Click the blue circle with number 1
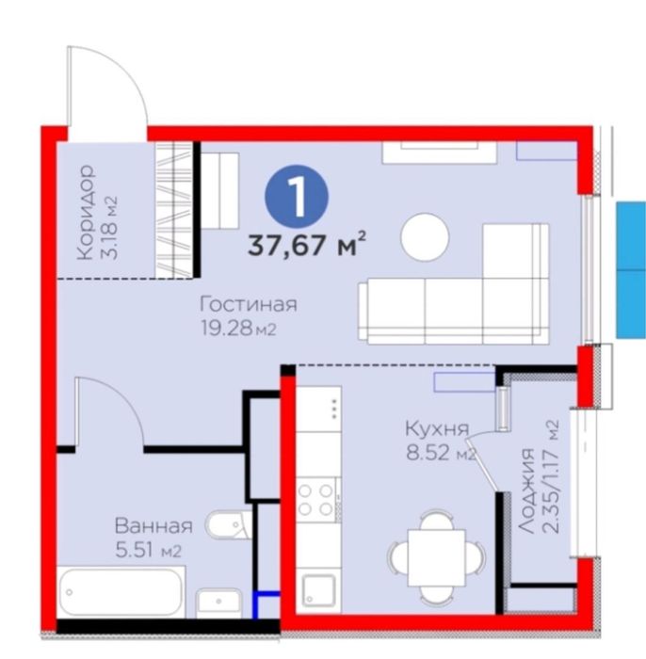tap(297, 196)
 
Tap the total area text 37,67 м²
tap(307, 244)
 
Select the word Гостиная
tap(249, 304)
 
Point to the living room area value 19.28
tap(227, 328)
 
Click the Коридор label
tap(86, 212)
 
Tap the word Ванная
tap(153, 525)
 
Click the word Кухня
tap(437, 428)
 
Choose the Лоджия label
tap(526, 490)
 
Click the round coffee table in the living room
tap(425, 236)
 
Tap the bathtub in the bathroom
tap(121, 592)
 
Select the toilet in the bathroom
tap(228, 525)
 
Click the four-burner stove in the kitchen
tap(318, 500)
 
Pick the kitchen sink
tap(317, 590)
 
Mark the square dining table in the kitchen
tap(437, 557)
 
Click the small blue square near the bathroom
tap(266, 605)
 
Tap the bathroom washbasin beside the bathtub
tap(218, 603)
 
